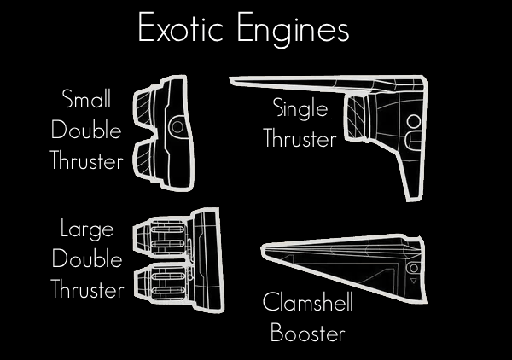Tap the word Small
[x=87, y=99]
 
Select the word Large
[x=87, y=228]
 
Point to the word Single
[x=300, y=109]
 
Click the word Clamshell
[x=307, y=303]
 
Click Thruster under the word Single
[x=300, y=139]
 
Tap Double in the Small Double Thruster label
[x=87, y=130]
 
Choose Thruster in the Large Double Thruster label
[x=87, y=289]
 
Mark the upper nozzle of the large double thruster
[x=157, y=235]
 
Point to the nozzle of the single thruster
[x=356, y=119]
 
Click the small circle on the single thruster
[x=414, y=120]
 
